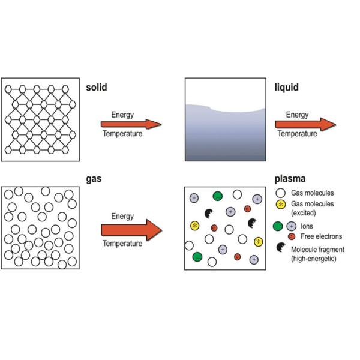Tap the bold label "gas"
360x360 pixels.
point(94,179)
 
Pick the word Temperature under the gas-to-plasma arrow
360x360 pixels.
point(122,243)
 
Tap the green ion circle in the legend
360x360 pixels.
point(278,226)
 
